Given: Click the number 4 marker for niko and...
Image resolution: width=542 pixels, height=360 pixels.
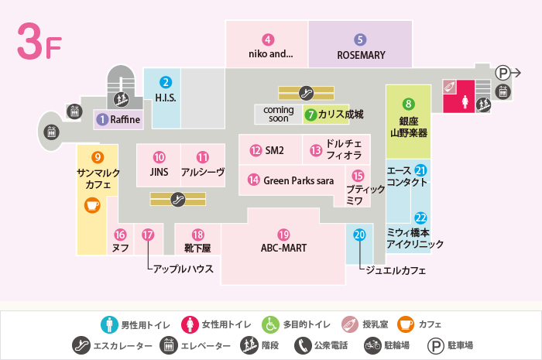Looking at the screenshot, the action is [268, 39].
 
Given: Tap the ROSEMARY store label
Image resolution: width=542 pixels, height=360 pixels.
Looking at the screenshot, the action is [362, 55].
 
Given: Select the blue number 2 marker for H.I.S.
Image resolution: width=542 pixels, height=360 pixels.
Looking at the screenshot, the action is [166, 82].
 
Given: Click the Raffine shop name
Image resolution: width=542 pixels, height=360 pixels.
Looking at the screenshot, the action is [125, 119].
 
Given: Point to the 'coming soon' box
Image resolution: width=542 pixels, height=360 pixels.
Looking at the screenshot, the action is [279, 115].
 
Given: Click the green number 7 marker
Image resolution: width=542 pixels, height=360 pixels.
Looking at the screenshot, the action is [310, 115].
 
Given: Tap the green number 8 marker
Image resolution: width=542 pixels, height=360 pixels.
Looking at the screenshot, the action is [409, 104].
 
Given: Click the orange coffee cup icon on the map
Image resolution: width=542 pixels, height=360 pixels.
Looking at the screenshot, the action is [92, 205].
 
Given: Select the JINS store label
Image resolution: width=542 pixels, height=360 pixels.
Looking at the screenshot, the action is [159, 172].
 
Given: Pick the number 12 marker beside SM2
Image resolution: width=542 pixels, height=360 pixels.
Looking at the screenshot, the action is [256, 151].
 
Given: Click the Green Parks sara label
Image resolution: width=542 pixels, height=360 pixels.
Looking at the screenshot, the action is [299, 180].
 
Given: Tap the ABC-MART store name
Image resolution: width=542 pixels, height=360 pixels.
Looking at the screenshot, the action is [284, 248].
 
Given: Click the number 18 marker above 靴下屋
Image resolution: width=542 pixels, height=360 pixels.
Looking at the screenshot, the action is [198, 235].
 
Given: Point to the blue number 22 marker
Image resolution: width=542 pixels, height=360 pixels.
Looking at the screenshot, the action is [420, 218].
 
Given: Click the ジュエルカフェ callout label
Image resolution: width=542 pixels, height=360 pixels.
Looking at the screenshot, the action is [396, 270].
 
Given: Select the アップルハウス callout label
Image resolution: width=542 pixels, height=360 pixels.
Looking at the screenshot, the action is [184, 269].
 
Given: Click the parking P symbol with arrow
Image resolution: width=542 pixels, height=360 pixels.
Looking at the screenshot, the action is [508, 73].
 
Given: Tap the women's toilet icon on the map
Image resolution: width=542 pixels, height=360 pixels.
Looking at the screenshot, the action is [465, 101].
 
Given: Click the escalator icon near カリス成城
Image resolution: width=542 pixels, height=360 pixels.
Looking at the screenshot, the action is [306, 93].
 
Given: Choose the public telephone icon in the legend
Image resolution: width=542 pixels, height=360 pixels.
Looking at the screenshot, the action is [303, 345].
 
